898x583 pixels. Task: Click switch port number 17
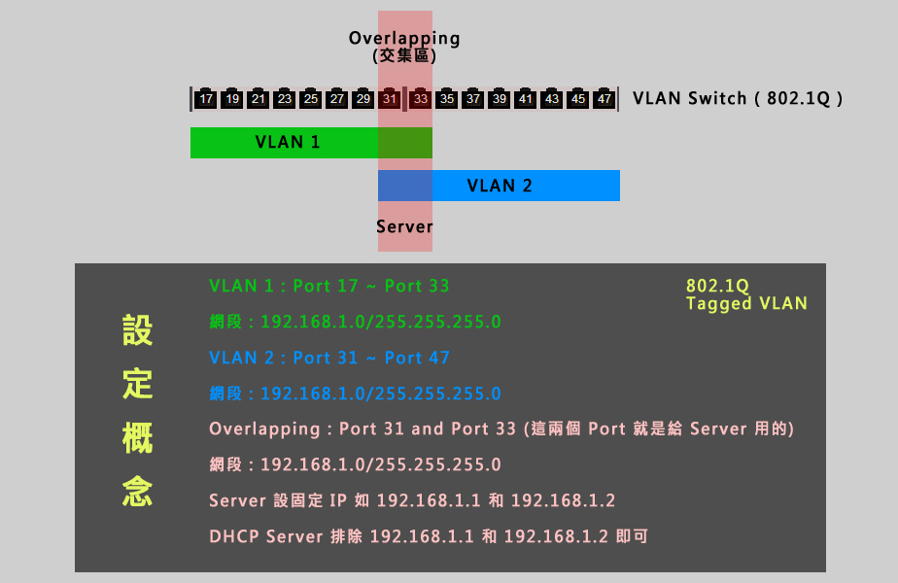206,98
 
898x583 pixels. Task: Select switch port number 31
390,98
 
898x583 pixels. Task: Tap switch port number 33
421,98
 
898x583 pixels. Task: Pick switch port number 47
604,98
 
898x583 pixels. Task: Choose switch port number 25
311,98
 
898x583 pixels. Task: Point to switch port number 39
500,98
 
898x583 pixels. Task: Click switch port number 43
551,98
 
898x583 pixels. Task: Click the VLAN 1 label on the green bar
288,142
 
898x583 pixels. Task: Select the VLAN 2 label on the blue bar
500,186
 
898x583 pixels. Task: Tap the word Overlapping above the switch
404,38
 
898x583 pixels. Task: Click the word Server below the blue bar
404,226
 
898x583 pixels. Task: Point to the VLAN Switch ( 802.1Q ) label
738,98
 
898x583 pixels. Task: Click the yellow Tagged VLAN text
746,303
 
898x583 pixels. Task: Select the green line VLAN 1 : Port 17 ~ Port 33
329,286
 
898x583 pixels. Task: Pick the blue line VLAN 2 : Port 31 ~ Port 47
329,358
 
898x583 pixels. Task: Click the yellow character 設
137,329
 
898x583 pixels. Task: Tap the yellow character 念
137,491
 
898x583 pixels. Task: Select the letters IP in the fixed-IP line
338,500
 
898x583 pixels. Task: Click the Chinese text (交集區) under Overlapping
404,55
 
